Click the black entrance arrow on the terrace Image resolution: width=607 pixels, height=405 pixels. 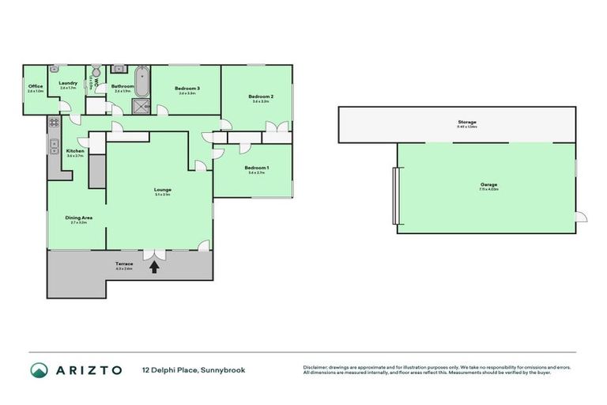pyautogui.click(x=153, y=267)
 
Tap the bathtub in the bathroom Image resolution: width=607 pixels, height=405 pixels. pyautogui.click(x=143, y=81)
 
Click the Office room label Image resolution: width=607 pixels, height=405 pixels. pyautogui.click(x=35, y=86)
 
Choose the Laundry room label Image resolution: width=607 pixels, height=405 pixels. pyautogui.click(x=67, y=83)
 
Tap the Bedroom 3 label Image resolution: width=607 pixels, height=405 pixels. pyautogui.click(x=187, y=88)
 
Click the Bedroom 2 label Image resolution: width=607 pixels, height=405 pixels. pyautogui.click(x=262, y=97)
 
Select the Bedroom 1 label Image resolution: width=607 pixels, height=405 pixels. pyautogui.click(x=256, y=168)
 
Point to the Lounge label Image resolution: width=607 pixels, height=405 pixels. pyautogui.click(x=163, y=189)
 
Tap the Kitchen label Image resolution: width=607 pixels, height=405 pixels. pyautogui.click(x=75, y=150)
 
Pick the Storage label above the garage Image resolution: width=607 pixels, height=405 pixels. pyautogui.click(x=466, y=122)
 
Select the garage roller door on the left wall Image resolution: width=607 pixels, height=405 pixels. pyautogui.click(x=394, y=195)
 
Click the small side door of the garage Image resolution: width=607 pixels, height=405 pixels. pyautogui.click(x=581, y=217)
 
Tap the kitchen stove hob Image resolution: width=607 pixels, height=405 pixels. pyautogui.click(x=54, y=123)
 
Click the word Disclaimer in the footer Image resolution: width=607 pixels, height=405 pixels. pyautogui.click(x=316, y=367)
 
